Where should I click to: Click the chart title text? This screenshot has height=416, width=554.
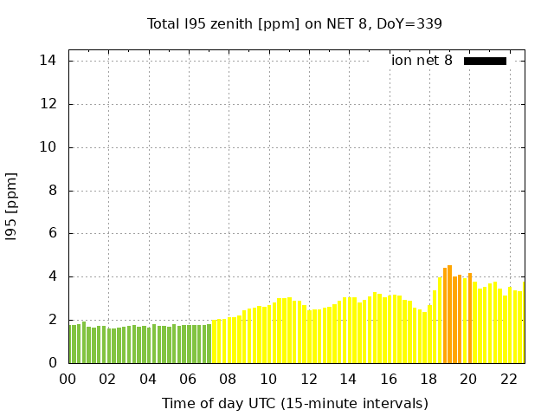(294, 23)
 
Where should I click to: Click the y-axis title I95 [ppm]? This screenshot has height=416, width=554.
(12, 206)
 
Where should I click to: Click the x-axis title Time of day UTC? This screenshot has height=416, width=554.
(294, 403)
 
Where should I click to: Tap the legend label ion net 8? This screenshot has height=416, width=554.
(422, 61)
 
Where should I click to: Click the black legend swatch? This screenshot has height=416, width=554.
(485, 61)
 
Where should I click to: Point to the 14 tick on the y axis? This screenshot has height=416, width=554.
(48, 61)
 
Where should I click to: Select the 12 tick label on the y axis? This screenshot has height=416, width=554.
(48, 104)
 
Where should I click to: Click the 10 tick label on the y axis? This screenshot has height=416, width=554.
(48, 147)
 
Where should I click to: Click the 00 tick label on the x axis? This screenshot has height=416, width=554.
(68, 379)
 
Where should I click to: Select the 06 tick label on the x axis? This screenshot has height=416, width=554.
(188, 379)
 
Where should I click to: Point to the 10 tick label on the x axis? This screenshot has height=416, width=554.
(268, 379)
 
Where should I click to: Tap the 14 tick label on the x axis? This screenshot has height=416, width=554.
(348, 379)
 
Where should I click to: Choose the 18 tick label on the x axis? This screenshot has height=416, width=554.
(428, 379)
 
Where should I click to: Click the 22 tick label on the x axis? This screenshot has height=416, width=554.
(509, 379)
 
